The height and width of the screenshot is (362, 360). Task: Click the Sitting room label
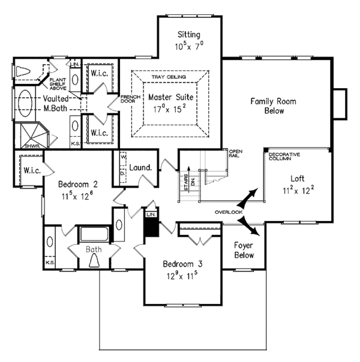pyautogui.click(x=189, y=35)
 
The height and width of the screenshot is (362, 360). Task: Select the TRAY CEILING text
pyautogui.click(x=169, y=78)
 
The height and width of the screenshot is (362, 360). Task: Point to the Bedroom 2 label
pyautogui.click(x=77, y=183)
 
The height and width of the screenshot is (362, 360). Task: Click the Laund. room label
pyautogui.click(x=140, y=168)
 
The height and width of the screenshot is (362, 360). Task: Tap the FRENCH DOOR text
pyautogui.click(x=130, y=99)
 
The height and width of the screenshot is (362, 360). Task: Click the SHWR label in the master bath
pyautogui.click(x=32, y=146)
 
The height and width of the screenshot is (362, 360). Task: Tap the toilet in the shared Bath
pyautogui.click(x=94, y=260)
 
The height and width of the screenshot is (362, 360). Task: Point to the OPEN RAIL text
pyautogui.click(x=234, y=153)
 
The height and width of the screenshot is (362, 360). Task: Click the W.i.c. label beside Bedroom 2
pyautogui.click(x=31, y=170)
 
